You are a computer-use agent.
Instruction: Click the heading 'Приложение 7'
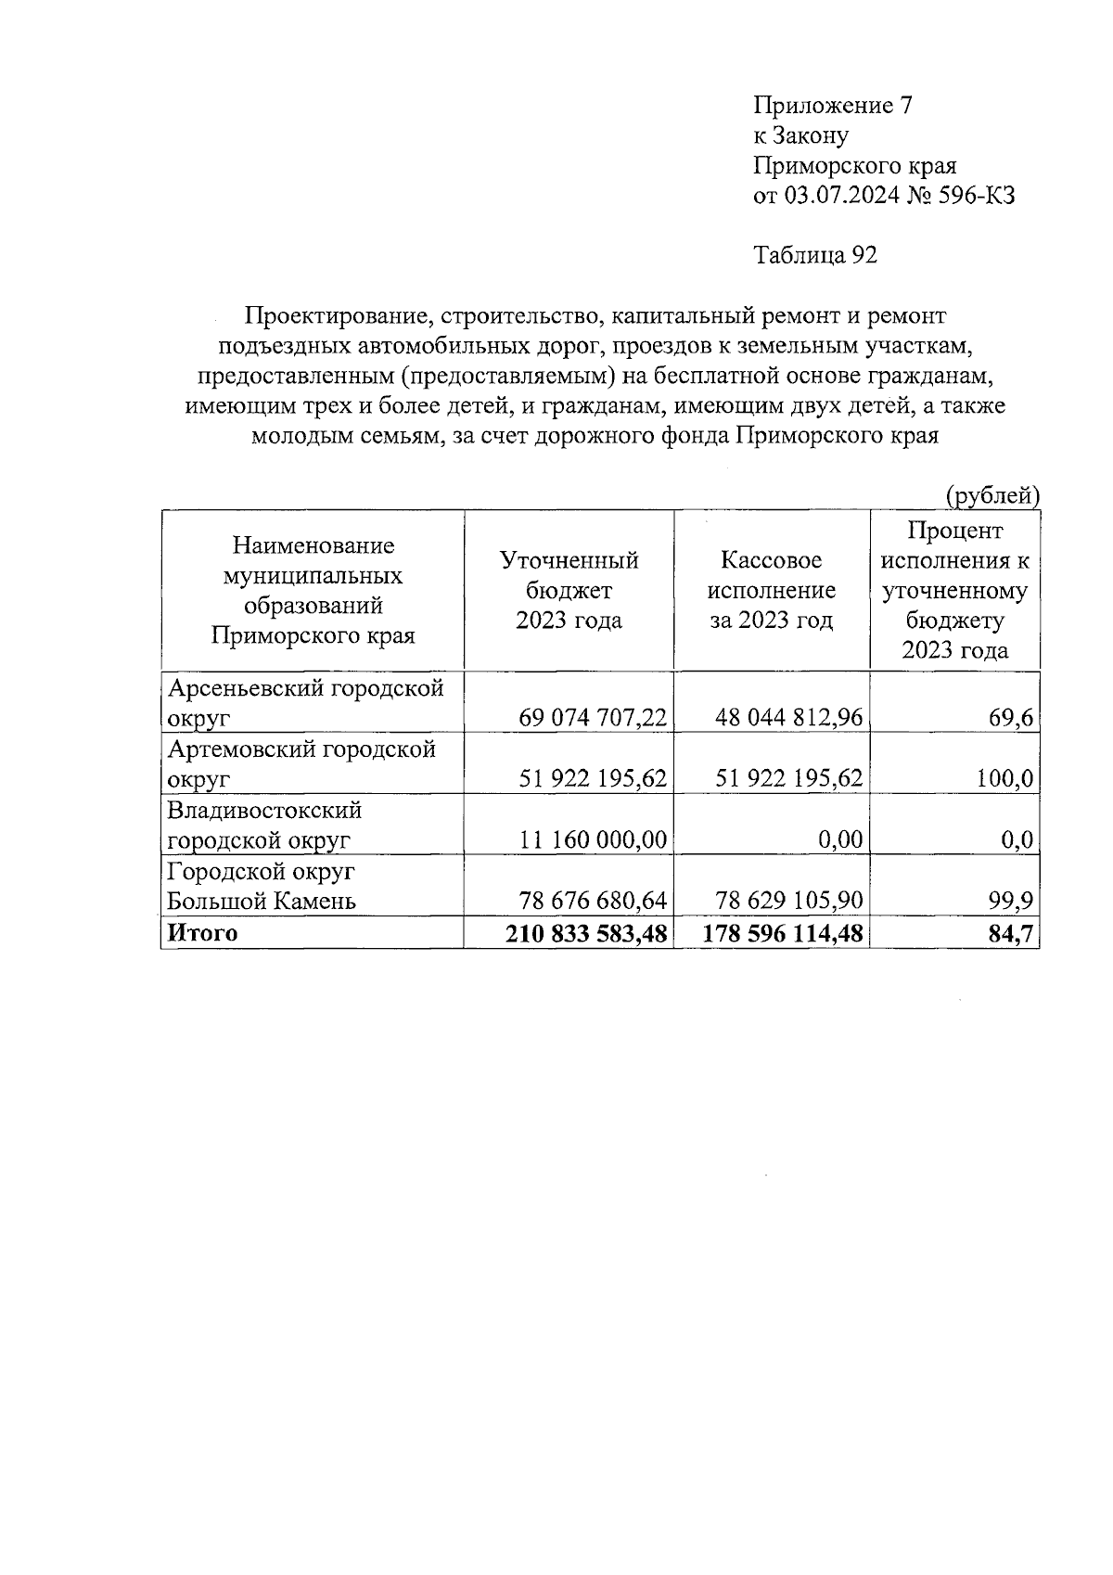click(832, 106)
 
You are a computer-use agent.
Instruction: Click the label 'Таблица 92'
click(815, 255)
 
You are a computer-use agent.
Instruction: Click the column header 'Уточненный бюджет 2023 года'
click(569, 590)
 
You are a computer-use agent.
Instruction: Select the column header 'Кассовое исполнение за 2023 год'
click(771, 590)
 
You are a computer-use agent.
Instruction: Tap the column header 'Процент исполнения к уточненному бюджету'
click(954, 590)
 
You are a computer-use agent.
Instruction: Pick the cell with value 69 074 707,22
click(593, 718)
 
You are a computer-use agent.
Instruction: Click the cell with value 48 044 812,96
click(788, 718)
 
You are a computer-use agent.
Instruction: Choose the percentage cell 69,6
click(1010, 718)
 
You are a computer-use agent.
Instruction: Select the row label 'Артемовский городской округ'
click(301, 762)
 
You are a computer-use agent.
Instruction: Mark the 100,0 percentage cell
click(1004, 778)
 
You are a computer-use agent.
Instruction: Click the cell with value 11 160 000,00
click(593, 840)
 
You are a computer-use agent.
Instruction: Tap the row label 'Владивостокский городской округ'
click(263, 825)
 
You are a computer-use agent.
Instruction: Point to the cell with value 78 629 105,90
click(788, 901)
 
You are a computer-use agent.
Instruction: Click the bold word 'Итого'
click(201, 933)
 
